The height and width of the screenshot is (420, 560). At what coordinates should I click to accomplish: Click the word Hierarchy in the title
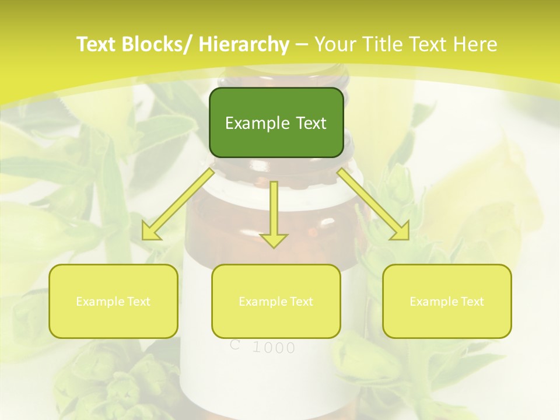[244, 44]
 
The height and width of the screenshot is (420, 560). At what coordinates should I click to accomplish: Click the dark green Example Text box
[276, 123]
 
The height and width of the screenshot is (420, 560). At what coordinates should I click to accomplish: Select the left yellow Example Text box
[113, 301]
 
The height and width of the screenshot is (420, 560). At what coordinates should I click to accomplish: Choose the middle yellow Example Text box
[276, 301]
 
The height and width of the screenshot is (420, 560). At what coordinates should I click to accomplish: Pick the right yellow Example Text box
[447, 301]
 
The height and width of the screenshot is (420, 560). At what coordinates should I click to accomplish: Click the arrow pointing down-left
[178, 204]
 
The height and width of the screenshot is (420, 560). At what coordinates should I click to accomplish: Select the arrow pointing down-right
[373, 204]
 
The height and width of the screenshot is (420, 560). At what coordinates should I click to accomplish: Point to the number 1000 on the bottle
[274, 348]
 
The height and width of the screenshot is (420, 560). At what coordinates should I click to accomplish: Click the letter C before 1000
[235, 345]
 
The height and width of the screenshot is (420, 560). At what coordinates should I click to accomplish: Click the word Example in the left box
[97, 302]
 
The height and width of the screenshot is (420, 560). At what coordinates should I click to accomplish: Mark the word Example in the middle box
[260, 302]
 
